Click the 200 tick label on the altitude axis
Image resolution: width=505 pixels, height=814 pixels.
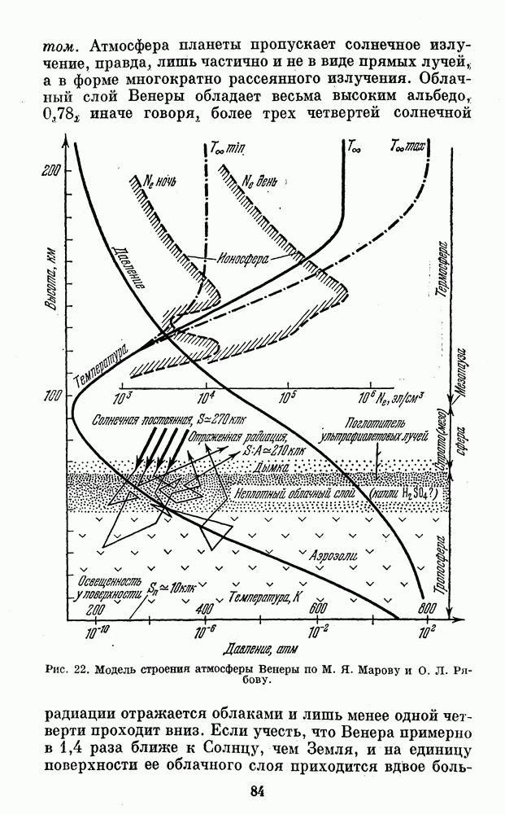pyautogui.click(x=50, y=171)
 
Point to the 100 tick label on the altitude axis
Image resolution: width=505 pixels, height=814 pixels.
pyautogui.click(x=50, y=396)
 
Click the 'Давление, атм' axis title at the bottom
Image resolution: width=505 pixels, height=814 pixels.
pyautogui.click(x=261, y=649)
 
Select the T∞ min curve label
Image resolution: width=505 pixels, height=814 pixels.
pyautogui.click(x=227, y=148)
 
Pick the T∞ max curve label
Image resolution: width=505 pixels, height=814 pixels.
pyautogui.click(x=407, y=147)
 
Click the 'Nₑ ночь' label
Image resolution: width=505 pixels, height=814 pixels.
pyautogui.click(x=159, y=182)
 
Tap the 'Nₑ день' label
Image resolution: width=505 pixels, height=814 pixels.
pyautogui.click(x=259, y=182)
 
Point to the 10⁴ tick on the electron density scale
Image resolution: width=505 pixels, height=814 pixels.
pyautogui.click(x=207, y=399)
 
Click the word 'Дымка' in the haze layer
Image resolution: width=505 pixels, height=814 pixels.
pyautogui.click(x=271, y=467)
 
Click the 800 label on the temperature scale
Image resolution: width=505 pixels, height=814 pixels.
pyautogui.click(x=426, y=608)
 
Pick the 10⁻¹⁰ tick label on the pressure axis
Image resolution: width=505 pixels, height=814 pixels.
pyautogui.click(x=97, y=632)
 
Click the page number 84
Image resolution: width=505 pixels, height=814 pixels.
pyautogui.click(x=258, y=791)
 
